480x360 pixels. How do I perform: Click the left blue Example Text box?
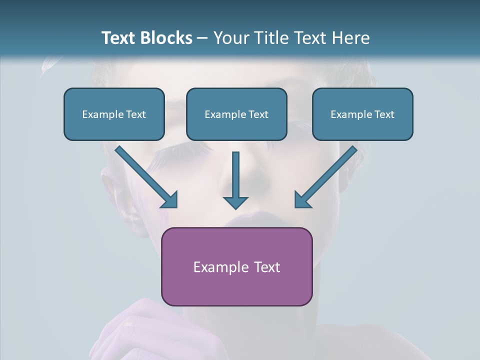pyautogui.click(x=114, y=114)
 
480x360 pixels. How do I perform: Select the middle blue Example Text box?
pyautogui.click(x=236, y=114)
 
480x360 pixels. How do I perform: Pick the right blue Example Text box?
pyautogui.click(x=362, y=114)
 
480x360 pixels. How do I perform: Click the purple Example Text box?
pyautogui.click(x=236, y=266)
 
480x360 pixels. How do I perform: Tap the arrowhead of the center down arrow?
pyautogui.click(x=235, y=202)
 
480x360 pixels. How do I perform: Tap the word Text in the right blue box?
pyautogui.click(x=383, y=114)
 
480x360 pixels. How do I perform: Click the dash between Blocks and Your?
pyautogui.click(x=202, y=38)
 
